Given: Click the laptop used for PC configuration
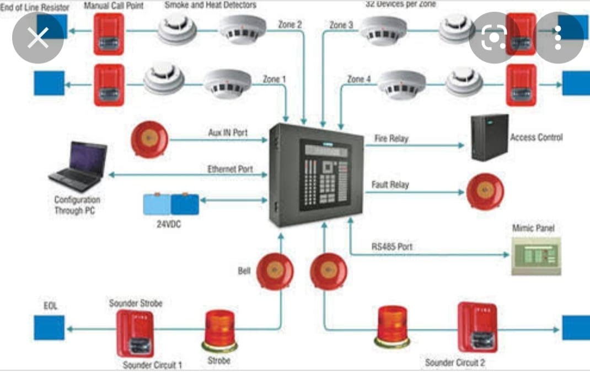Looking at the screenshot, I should pos(78,163).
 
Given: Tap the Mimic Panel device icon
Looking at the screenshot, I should pos(535,256).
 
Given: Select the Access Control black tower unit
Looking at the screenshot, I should pos(490,138).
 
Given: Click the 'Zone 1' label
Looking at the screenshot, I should pos(274,79).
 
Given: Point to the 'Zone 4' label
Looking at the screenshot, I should pos(359,79).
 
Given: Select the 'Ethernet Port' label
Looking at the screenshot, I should pos(230,168).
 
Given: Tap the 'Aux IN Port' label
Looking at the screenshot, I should pos(228,133).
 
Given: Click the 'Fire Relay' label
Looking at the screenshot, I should pos(391,138).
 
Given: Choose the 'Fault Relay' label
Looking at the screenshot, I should pos(390,185).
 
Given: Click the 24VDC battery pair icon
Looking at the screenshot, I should pos(171,203).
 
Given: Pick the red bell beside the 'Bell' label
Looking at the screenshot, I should pos(275,271).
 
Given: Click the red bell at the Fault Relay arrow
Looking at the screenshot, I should pos(485,192).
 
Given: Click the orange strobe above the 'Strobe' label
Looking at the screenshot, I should pos(221,331).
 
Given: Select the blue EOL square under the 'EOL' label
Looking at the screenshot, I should pos(49,328).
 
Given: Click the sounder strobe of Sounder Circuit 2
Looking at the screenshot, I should pos(477,328).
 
